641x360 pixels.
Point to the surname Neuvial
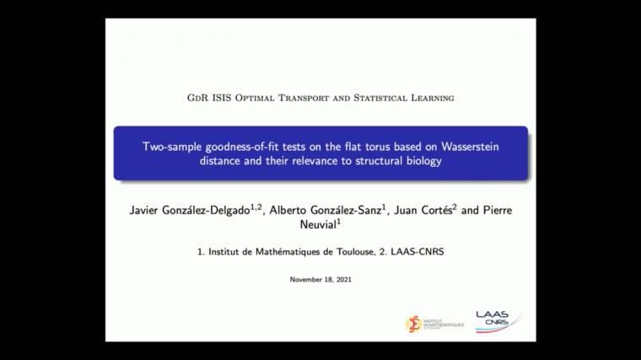coord(320,224)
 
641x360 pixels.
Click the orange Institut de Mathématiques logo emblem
coord(413,324)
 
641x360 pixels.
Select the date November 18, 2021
coord(320,279)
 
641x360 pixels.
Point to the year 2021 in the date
coord(342,279)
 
